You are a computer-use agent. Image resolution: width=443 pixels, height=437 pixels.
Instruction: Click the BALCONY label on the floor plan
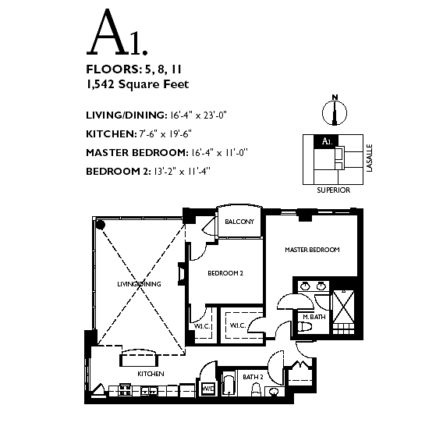239,222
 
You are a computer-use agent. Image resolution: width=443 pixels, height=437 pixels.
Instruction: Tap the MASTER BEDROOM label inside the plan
312,250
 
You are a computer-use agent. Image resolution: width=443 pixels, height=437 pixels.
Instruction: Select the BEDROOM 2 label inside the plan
225,273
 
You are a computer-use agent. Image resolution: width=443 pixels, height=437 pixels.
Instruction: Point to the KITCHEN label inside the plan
151,374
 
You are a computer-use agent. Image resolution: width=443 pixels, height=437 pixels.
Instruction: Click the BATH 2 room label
253,377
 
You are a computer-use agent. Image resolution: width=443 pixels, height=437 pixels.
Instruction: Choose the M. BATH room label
314,317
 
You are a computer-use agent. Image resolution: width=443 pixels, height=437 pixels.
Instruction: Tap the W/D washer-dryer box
208,389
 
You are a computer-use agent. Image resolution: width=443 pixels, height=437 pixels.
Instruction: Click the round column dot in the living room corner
101,225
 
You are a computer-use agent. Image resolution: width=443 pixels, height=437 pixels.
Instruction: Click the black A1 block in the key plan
326,140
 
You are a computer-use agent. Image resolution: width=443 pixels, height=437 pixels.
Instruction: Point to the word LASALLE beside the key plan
370,158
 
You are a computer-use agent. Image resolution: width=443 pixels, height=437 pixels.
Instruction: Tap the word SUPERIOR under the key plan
333,190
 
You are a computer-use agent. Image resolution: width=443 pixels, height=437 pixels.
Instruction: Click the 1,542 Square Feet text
137,84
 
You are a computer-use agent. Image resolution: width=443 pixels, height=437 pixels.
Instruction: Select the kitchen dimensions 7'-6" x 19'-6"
165,133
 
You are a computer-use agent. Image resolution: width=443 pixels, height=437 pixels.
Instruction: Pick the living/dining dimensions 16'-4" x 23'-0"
198,115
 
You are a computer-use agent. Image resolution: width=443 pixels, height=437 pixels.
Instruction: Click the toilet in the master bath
304,327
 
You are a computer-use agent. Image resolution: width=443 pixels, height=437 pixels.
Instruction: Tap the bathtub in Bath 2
229,384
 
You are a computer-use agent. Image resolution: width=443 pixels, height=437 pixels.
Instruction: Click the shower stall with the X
343,307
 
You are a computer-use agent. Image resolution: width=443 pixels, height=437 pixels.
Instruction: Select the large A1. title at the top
117,32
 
